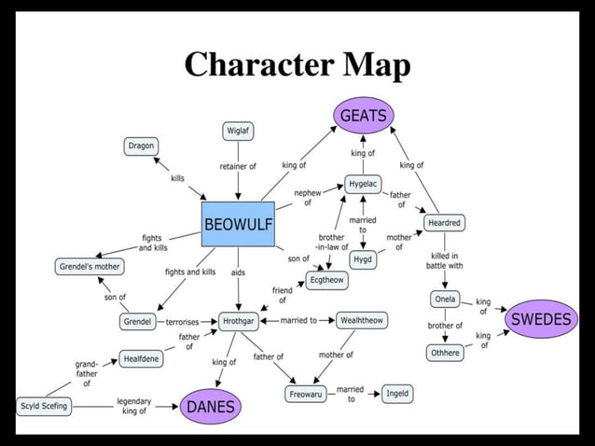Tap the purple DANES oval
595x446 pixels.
pyautogui.click(x=211, y=407)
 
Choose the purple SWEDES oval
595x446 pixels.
pyautogui.click(x=541, y=319)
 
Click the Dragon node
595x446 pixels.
pyautogui.click(x=141, y=146)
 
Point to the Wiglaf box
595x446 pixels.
pyautogui.click(x=239, y=131)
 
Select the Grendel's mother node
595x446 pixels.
pyautogui.click(x=90, y=267)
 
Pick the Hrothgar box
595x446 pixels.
pyautogui.click(x=240, y=321)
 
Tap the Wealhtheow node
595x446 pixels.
pyautogui.click(x=361, y=320)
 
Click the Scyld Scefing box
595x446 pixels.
pyautogui.click(x=44, y=406)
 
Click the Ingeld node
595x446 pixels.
pyautogui.click(x=397, y=394)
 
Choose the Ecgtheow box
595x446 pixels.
pyautogui.click(x=325, y=281)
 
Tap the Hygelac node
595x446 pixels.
pyautogui.click(x=362, y=184)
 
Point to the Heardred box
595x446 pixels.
pyautogui.click(x=443, y=223)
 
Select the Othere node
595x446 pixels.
pyautogui.click(x=444, y=353)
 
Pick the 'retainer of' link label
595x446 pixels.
pyautogui.click(x=239, y=166)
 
